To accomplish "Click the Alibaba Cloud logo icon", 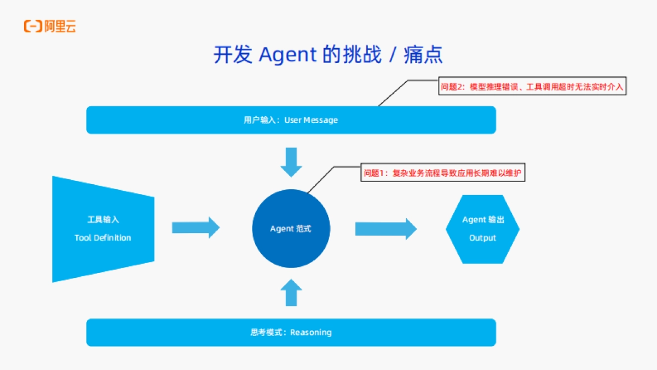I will click(x=32, y=26).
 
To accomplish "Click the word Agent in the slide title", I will click(x=287, y=55).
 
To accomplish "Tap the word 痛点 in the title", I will click(x=423, y=55).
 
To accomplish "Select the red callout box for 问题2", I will click(x=532, y=87).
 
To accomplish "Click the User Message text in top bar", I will click(x=311, y=120).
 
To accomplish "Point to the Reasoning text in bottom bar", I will click(x=310, y=332).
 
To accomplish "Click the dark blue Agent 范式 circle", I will click(x=291, y=229).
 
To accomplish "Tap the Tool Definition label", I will click(x=103, y=238).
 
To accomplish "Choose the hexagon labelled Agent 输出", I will click(x=482, y=229).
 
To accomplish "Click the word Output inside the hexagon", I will click(x=482, y=238).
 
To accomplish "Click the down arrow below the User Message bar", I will click(x=291, y=162).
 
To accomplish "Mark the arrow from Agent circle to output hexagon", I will click(x=385, y=229).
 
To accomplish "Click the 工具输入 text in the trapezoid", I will click(x=103, y=219).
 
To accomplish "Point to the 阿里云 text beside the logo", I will click(x=60, y=26).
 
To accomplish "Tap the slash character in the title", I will click(x=392, y=55).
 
